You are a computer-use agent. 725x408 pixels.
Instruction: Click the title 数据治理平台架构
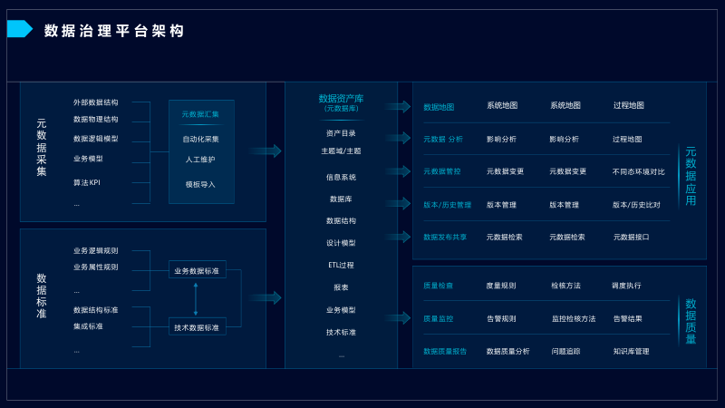[x=114, y=31]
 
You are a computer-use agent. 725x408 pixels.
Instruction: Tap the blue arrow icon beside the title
[x=19, y=29]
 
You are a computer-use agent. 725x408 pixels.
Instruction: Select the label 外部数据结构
[x=95, y=102]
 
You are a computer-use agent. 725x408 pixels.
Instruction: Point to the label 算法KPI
[x=86, y=182]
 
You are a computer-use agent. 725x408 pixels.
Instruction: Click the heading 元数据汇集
[x=200, y=114]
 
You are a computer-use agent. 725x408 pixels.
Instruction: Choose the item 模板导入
[x=200, y=184]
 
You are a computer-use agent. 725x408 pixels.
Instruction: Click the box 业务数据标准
[x=197, y=270]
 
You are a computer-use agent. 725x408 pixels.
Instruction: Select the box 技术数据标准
[x=197, y=327]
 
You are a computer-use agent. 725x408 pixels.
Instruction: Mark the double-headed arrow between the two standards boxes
[x=196, y=298]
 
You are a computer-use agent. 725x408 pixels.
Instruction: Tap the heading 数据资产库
[x=341, y=98]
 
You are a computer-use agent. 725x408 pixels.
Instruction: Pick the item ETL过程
[x=341, y=265]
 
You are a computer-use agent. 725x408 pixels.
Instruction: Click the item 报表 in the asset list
[x=341, y=287]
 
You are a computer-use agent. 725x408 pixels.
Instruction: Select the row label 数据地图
[x=439, y=107]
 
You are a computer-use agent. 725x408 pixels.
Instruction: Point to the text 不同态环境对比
[x=638, y=171]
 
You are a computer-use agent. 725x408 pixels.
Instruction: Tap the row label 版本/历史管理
[x=447, y=205]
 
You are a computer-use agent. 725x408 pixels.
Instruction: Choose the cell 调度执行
[x=626, y=286]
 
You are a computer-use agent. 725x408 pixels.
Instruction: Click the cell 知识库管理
[x=631, y=351]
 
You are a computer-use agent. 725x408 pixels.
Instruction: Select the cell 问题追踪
[x=565, y=351]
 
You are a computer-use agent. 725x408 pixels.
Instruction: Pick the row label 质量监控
[x=438, y=319]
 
